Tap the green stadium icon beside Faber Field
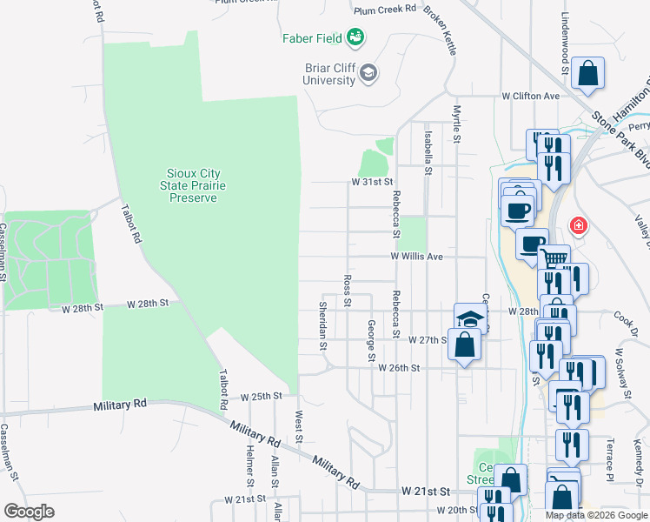point(355,37)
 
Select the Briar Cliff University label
point(329,73)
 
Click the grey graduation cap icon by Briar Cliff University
point(368,72)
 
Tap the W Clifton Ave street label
point(530,96)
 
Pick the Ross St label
point(347,291)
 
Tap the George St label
point(371,340)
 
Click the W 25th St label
point(262,396)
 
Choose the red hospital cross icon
point(577,227)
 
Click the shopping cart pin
point(554,258)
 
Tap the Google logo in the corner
point(29,511)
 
